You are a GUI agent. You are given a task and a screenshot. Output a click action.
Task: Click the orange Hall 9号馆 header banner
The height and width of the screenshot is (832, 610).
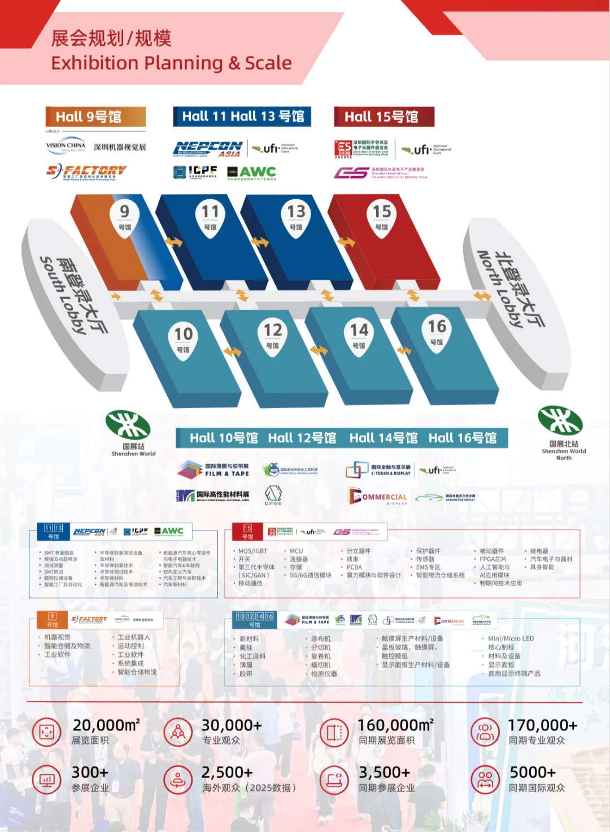(95, 117)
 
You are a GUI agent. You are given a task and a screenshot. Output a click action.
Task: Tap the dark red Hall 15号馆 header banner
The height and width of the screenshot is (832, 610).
(384, 117)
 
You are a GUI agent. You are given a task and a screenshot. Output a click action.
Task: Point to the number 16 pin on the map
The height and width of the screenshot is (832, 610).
(437, 331)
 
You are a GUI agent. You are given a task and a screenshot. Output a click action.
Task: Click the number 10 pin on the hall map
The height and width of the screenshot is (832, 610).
(183, 338)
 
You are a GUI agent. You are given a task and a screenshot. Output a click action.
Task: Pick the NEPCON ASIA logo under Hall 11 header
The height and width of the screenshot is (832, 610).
(208, 149)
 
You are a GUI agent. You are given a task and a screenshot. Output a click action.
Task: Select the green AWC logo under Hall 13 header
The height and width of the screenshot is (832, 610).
(252, 172)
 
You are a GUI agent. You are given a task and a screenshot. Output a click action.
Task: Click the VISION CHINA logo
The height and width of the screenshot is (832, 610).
(66, 146)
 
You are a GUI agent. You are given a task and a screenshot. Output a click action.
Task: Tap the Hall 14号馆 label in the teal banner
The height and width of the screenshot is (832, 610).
(384, 438)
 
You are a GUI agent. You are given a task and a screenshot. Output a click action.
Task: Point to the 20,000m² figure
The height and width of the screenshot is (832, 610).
(106, 725)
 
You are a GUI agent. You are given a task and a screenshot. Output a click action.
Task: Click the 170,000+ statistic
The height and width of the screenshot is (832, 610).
(542, 725)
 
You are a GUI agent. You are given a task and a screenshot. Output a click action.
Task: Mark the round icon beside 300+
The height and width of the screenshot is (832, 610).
(47, 780)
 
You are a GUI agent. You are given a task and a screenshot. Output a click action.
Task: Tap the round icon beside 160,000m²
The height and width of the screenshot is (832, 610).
(334, 733)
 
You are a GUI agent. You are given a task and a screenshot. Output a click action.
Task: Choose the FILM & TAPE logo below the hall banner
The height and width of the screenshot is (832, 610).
(213, 470)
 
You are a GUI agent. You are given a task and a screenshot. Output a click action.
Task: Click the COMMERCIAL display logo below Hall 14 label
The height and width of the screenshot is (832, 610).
(377, 497)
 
